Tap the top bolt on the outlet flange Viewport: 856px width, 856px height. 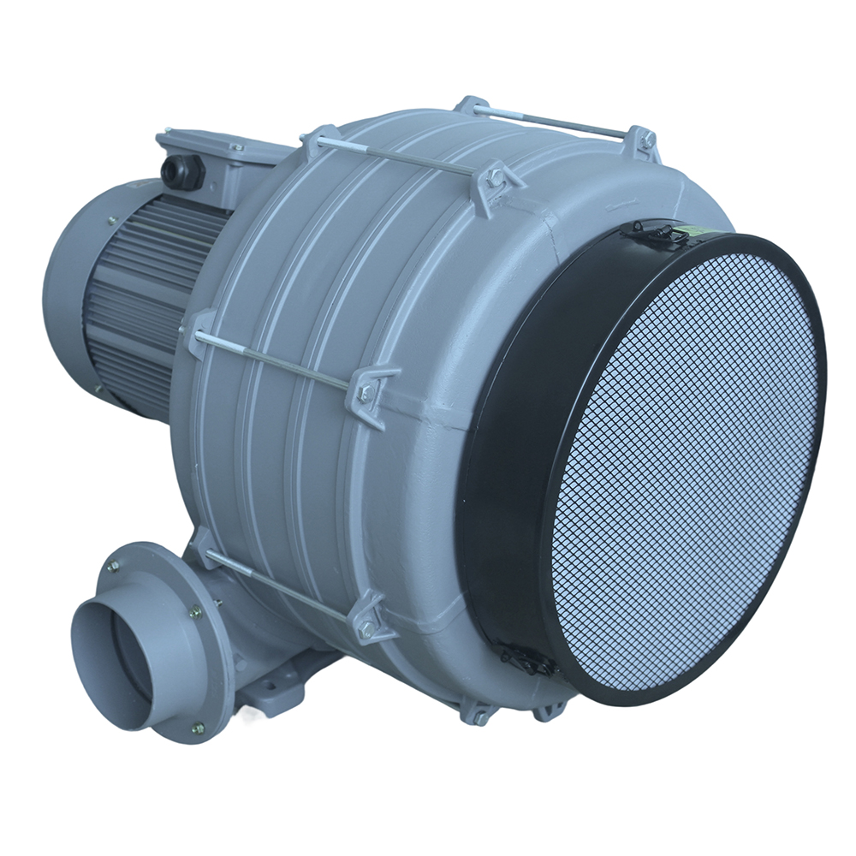pyautogui.click(x=114, y=566)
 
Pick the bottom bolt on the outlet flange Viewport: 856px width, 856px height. pyautogui.click(x=198, y=728)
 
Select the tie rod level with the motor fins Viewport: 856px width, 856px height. pyautogui.click(x=274, y=360)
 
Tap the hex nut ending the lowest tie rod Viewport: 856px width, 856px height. pyautogui.click(x=369, y=628)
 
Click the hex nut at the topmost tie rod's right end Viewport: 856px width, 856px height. pyautogui.click(x=649, y=138)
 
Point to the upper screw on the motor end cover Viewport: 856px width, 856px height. pyautogui.click(x=112, y=221)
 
